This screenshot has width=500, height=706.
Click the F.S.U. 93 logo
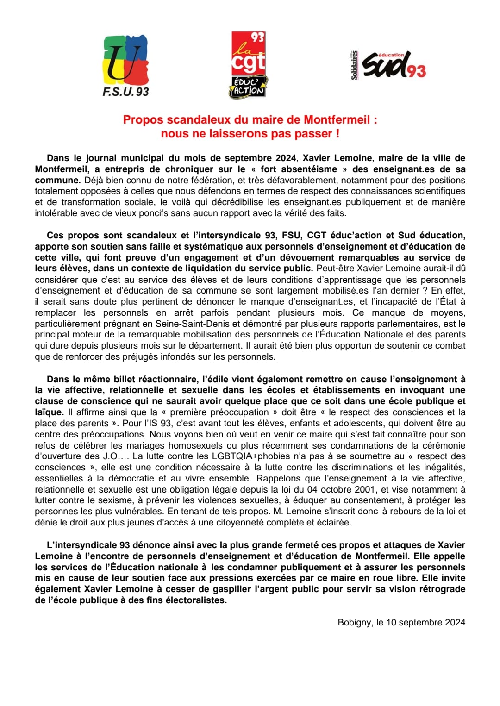click(x=125, y=66)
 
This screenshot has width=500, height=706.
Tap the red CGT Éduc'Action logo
click(x=249, y=65)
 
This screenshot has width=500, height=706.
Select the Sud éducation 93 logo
click(x=394, y=65)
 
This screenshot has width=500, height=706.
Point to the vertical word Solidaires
click(x=354, y=65)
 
